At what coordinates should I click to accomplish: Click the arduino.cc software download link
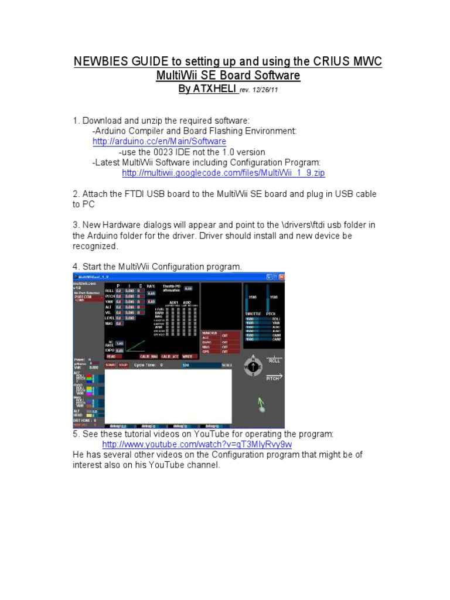point(159,142)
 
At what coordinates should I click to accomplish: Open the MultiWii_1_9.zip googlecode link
point(223,173)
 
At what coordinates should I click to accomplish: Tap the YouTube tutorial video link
point(197,444)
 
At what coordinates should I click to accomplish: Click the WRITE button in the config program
point(188,356)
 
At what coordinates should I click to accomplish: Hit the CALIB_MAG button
point(149,356)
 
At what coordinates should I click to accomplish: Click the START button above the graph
point(111,365)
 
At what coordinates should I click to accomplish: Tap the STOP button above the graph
point(124,365)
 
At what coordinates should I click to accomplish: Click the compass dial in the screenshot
point(253,367)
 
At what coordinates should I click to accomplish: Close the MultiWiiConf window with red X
point(281,276)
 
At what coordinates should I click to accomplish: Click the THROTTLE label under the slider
point(253,313)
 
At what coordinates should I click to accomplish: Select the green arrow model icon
point(261,404)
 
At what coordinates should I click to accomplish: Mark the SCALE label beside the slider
point(227,365)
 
